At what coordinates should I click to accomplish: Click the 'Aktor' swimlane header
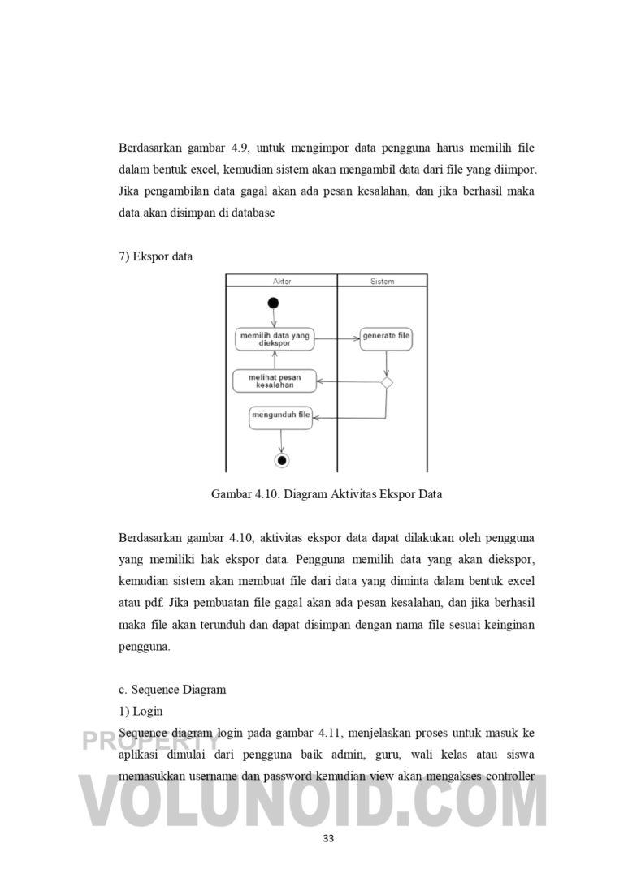(280, 282)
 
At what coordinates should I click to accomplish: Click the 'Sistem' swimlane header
(382, 282)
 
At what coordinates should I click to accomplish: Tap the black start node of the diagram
(274, 303)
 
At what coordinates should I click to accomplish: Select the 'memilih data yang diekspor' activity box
(274, 338)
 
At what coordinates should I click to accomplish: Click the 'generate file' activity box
(387, 336)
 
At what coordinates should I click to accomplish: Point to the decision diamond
(387, 381)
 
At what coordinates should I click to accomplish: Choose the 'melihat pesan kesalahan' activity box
(274, 381)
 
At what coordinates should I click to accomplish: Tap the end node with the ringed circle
(282, 460)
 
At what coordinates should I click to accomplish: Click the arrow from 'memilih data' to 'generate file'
(336, 336)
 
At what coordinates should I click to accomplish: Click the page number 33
(328, 838)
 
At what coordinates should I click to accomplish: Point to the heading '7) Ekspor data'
(156, 256)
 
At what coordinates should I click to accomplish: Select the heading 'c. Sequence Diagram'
(172, 690)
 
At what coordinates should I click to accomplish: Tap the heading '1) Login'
(141, 711)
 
